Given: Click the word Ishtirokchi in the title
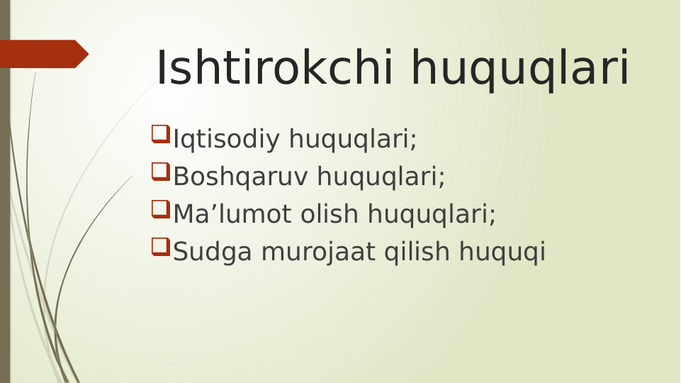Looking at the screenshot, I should click(x=278, y=69).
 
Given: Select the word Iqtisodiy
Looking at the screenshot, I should click(x=227, y=140).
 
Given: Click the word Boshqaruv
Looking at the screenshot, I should click(x=240, y=177).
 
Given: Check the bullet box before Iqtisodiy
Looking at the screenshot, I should click(x=160, y=134).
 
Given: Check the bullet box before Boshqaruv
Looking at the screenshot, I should click(x=160, y=172).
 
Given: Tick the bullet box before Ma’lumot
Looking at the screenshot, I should click(x=160, y=209).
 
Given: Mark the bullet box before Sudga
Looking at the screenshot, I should click(x=160, y=247).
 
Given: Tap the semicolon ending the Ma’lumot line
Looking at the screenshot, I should click(x=493, y=216).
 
